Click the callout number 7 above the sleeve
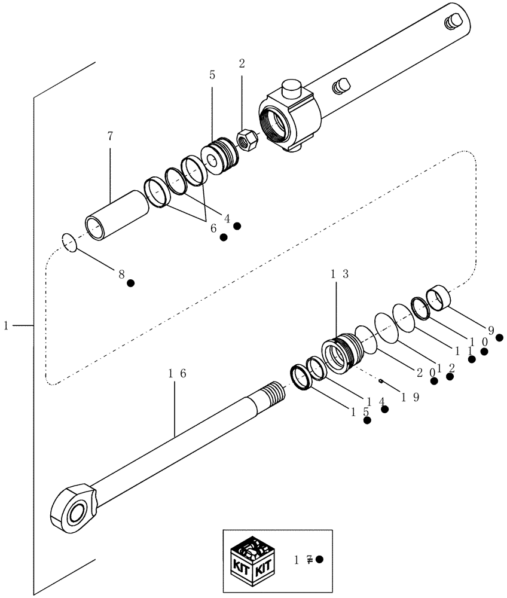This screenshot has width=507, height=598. pos(109,137)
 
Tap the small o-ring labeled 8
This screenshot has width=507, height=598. pos(69,242)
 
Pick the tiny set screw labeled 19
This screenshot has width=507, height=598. pos(381,380)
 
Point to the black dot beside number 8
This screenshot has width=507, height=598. pos(130,282)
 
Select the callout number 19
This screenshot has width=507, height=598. pos(402,396)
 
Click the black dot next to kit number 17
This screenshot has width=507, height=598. pos(319,559)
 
